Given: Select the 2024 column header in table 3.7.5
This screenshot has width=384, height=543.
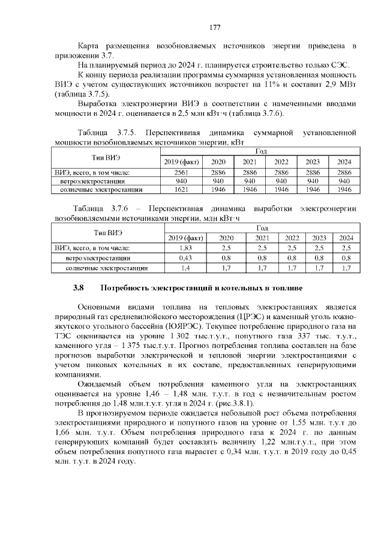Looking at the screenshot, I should click(x=344, y=161).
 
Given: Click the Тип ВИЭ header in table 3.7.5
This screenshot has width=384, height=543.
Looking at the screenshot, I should click(x=106, y=157).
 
